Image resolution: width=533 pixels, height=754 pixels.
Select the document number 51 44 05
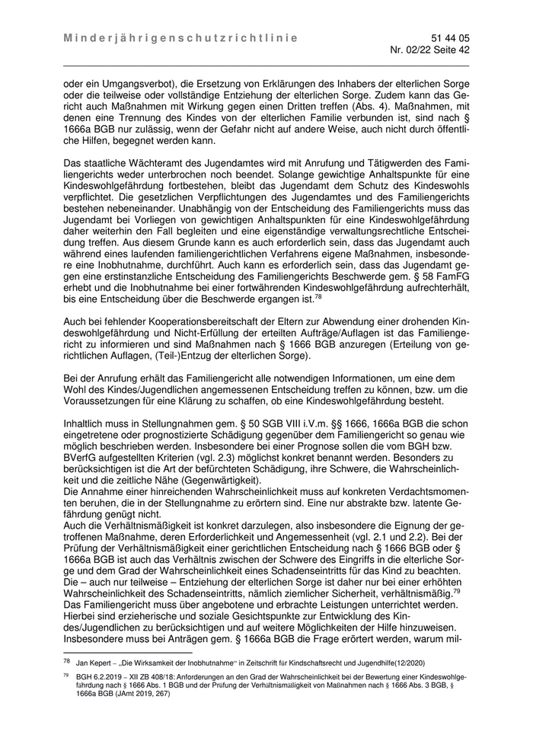pyautogui.click(x=451, y=37)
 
